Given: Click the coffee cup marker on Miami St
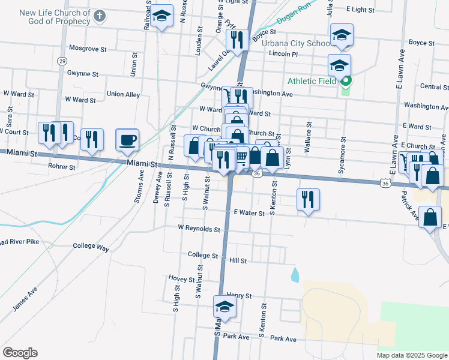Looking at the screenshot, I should (127, 141).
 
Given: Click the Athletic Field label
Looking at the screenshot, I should (313, 82).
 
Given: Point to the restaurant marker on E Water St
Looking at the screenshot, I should (308, 200).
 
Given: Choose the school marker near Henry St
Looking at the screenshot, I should (225, 308).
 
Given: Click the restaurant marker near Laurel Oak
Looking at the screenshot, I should (237, 40).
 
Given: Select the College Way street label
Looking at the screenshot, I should (91, 246).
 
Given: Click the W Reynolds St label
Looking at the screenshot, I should (199, 229).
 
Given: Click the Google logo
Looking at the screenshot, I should (20, 353).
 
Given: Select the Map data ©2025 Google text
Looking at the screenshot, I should (411, 355).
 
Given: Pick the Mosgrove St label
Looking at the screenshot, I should (88, 48).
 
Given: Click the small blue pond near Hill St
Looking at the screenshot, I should (295, 275).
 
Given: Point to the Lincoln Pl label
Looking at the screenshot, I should (283, 54).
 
